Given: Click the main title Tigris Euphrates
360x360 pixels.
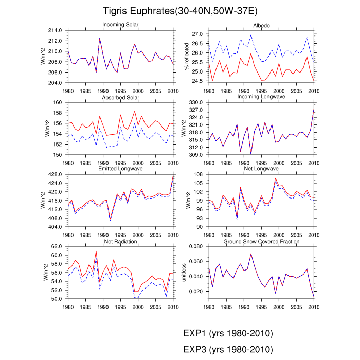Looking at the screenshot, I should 179,11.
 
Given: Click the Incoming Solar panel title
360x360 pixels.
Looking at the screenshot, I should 120,25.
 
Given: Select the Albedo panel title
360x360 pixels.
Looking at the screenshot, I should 262,25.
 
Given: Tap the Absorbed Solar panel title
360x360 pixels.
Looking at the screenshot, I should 120,97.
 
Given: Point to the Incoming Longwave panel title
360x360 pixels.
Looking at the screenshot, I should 262,97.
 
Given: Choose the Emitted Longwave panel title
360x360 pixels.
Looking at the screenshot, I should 120,169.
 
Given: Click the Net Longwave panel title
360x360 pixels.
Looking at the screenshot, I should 262,169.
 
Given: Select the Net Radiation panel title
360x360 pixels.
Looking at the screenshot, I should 120,241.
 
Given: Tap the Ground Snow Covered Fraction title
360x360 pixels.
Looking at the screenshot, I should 262,241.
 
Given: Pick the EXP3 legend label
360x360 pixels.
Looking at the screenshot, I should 227,350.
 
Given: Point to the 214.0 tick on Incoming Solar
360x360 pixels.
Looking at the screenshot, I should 55,30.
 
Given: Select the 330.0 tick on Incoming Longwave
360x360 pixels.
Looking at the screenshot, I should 196,102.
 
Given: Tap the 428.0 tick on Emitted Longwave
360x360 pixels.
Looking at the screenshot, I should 55,174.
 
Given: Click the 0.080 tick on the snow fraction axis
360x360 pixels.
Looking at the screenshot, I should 196,246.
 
